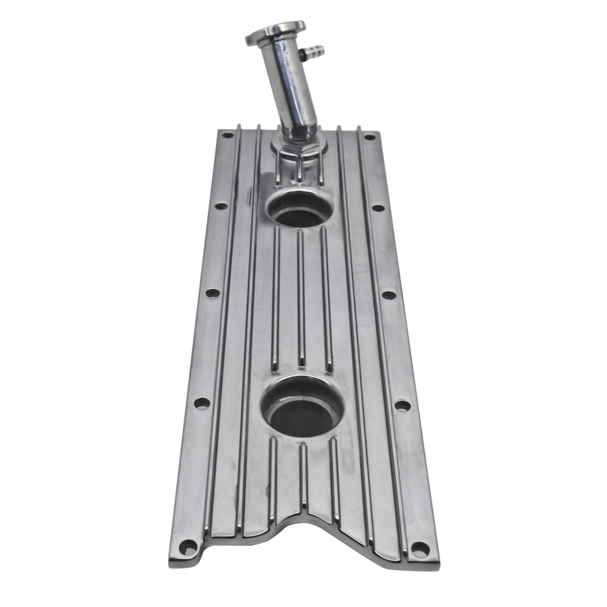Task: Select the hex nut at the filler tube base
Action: coord(299,145)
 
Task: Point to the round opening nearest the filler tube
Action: coord(299,211)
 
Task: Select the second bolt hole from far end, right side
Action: coord(377,208)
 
